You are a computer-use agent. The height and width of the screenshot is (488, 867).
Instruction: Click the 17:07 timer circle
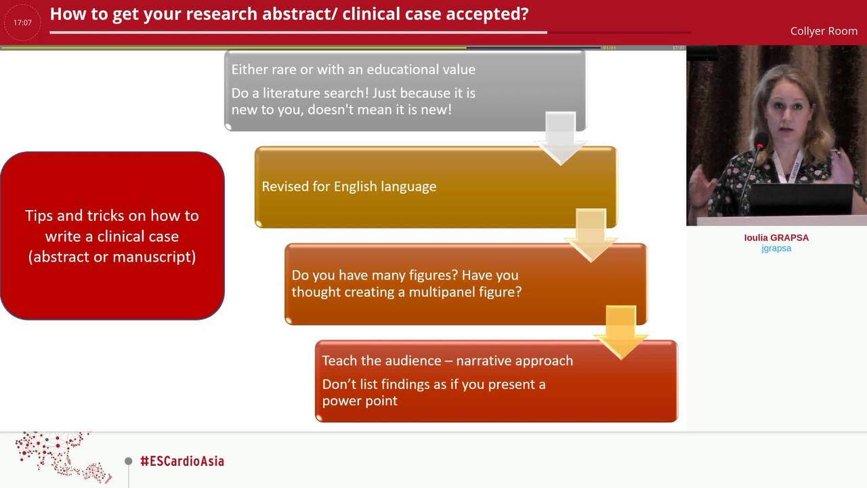(22, 22)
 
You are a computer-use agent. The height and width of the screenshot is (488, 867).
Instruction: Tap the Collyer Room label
(823, 31)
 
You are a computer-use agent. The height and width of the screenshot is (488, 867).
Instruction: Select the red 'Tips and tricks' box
(112, 235)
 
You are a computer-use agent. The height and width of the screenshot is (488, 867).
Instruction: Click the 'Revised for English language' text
(349, 186)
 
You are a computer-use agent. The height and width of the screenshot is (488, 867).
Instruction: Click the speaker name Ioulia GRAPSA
(776, 237)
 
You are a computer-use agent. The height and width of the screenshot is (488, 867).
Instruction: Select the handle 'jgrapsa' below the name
(776, 248)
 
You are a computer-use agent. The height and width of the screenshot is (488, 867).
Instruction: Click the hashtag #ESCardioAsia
(182, 461)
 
